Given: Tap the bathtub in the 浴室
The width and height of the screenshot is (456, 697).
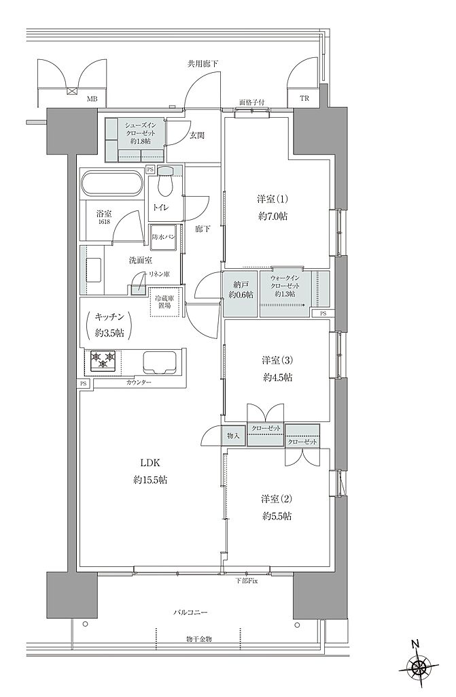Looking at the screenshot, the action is (111, 184).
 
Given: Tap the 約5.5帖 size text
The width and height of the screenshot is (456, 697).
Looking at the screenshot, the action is (277, 516).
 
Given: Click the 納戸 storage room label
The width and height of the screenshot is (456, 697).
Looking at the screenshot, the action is (241, 285).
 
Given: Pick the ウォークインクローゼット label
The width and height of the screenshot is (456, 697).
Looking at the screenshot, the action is (286, 282).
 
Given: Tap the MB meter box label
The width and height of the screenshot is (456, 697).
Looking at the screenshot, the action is (92, 99).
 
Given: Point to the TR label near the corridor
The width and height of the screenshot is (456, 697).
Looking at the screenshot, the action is (304, 99).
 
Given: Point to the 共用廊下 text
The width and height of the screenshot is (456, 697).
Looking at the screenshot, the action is (203, 64).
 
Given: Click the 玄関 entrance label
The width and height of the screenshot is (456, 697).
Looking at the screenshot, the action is (197, 135).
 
